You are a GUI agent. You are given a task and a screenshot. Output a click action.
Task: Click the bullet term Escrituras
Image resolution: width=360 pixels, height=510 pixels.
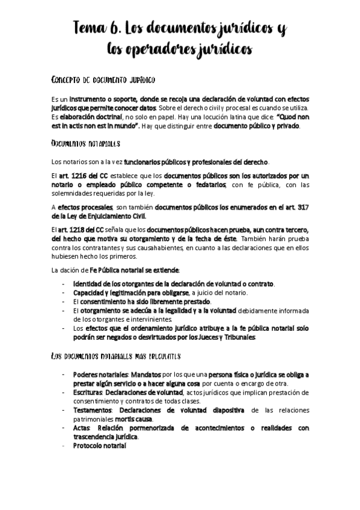coord(89,392)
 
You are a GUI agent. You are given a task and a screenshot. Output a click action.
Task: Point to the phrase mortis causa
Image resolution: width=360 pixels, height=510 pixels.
coord(135,419)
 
